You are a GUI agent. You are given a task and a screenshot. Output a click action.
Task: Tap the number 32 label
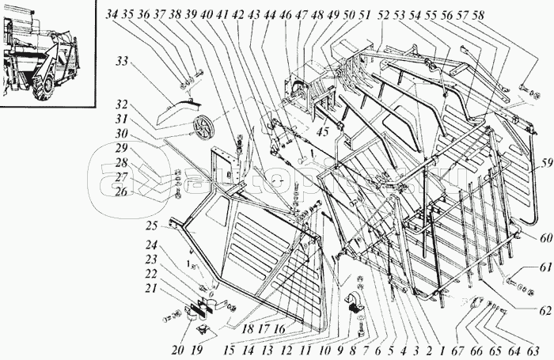(120, 104)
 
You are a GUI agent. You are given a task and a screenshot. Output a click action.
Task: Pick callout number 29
(120, 148)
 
